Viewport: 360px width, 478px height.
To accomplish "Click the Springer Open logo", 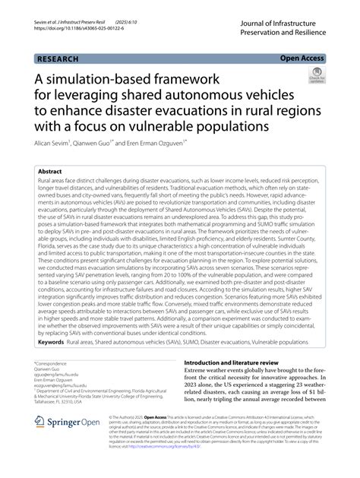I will [60, 443].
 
